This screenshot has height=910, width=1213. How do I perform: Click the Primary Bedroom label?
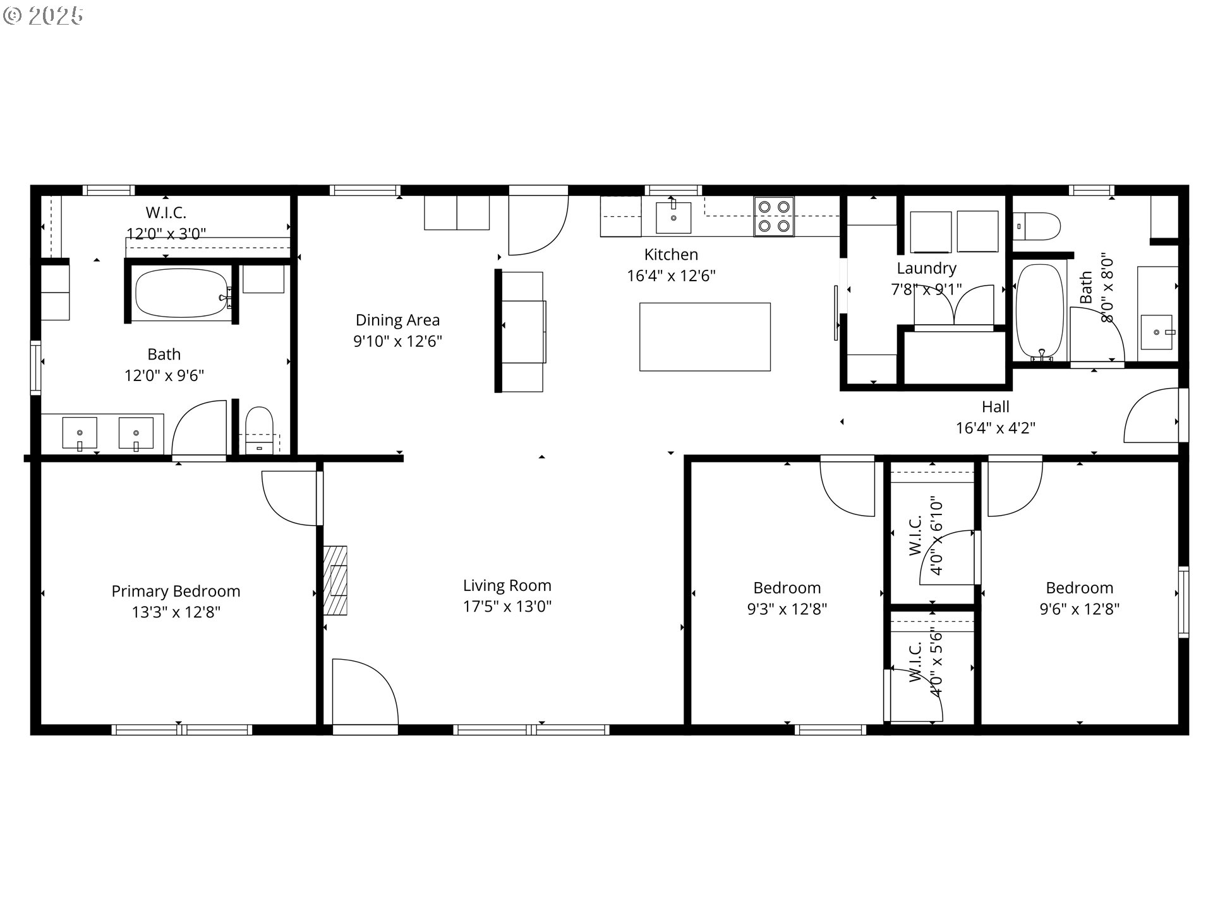pos(176,591)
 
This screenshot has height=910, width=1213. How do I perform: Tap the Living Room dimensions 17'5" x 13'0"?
pos(507,607)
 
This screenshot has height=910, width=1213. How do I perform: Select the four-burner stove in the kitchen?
pos(774,216)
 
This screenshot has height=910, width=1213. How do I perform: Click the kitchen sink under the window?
pos(673,217)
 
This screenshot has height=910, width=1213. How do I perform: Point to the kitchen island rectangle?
pos(705,337)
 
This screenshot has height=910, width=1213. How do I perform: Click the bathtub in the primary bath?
pos(182,293)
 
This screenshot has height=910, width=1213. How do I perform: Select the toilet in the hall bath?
pos(1036,226)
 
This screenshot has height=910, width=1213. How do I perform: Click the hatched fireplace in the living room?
pos(335,580)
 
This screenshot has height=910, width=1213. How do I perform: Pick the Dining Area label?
pos(397,320)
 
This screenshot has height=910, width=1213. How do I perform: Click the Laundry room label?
pos(926,269)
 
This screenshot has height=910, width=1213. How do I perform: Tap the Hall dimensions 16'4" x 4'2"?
pos(996,428)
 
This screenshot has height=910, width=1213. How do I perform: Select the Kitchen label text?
pos(671,255)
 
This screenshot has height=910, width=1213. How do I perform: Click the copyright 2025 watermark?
pos(43,16)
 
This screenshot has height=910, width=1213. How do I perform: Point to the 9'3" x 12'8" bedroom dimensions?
pos(787,609)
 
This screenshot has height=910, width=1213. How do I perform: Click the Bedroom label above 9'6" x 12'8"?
pos(1079,588)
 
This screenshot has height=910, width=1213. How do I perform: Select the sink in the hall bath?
pos(1156,332)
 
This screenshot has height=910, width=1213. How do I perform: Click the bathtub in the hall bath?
pos(1040,312)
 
